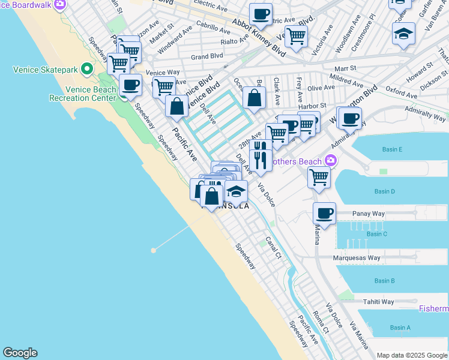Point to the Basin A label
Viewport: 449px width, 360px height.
click(400, 328)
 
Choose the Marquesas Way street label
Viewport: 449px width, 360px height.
click(358, 258)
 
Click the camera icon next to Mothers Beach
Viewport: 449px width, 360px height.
click(330, 160)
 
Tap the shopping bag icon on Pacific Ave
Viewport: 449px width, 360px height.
click(176, 107)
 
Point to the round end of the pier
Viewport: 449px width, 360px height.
click(154, 250)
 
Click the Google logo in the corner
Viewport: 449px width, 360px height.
click(20, 353)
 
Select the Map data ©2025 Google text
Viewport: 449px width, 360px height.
click(412, 355)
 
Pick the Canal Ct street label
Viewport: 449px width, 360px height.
click(274, 247)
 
